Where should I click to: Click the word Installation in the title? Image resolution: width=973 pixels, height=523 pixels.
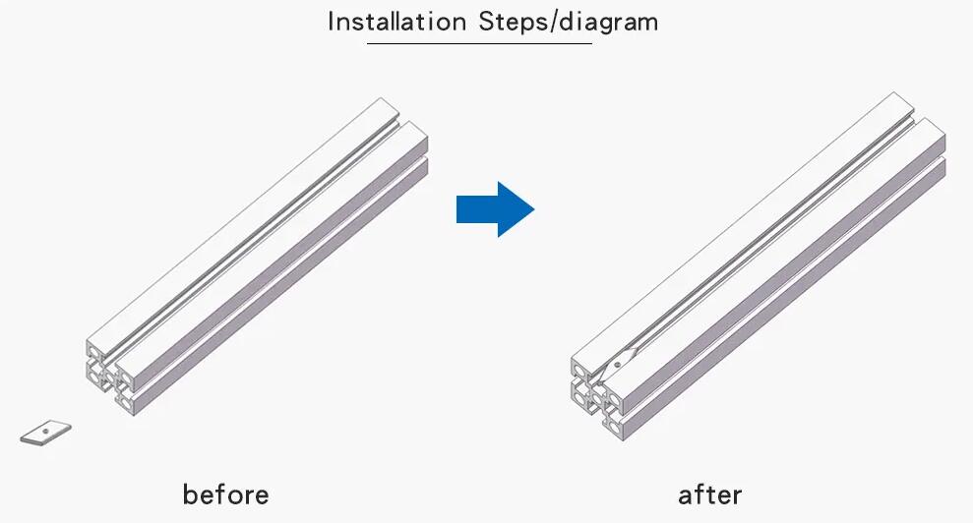(x=396, y=22)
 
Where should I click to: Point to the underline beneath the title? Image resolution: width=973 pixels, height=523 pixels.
(x=479, y=43)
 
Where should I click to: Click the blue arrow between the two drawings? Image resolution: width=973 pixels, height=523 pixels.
(x=495, y=209)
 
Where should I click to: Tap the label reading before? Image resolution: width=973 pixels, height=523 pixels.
(x=226, y=494)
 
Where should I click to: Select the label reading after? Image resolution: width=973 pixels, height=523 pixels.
(x=710, y=495)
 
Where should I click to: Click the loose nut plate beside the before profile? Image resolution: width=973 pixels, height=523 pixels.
(x=46, y=432)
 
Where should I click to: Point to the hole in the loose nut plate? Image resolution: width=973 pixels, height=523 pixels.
(x=45, y=430)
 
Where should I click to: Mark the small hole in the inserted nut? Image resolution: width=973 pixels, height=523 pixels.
(x=618, y=364)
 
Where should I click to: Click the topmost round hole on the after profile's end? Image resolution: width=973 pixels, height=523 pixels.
(x=578, y=371)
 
